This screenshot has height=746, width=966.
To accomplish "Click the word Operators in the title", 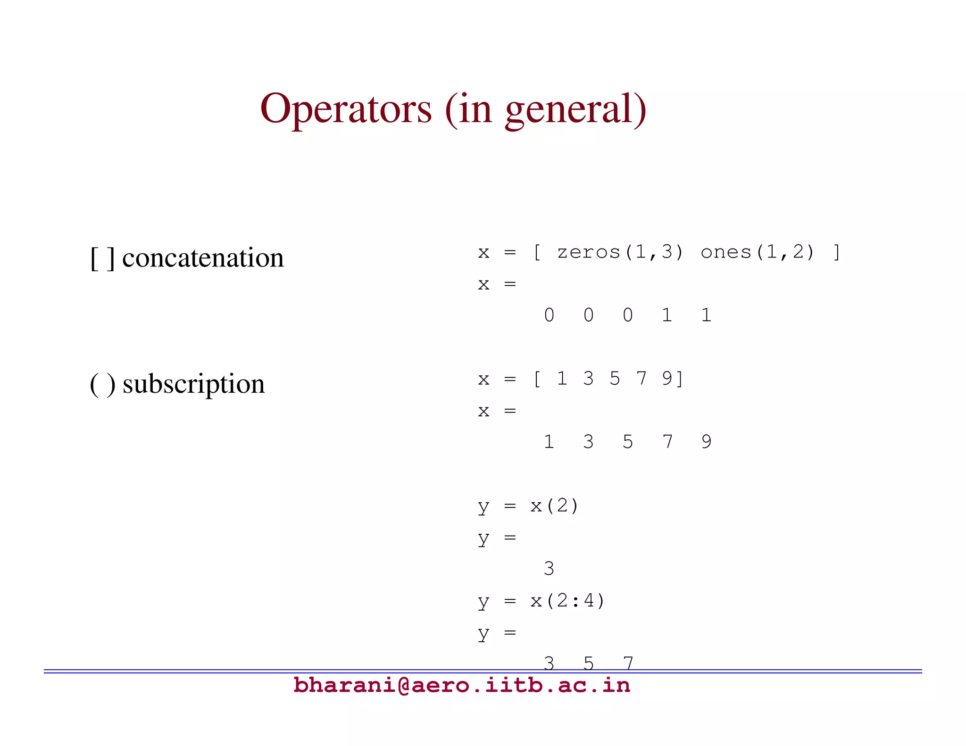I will pos(346,109).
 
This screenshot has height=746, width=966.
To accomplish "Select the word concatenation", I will pos(203,258).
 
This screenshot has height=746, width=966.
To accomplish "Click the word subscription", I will pos(193,384).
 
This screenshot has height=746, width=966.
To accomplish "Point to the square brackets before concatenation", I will pos(102,258).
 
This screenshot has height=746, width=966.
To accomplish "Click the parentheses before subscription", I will pos(102,384).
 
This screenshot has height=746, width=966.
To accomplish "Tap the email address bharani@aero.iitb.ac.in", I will pos(461,685).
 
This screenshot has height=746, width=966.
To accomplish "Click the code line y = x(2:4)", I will pos(541,601).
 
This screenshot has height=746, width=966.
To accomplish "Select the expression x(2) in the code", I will pos(554,506).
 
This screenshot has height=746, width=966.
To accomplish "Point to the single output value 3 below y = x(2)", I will pos(549,569).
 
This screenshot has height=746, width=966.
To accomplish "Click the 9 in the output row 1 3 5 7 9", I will pos(706,442).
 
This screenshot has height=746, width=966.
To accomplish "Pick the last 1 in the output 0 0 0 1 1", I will pos(706,315).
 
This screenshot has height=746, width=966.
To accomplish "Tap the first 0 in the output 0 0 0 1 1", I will pos(549,315).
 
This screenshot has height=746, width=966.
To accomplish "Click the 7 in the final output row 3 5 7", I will pos(628,663).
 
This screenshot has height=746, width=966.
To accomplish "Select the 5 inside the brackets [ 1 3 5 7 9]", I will pos(614,379).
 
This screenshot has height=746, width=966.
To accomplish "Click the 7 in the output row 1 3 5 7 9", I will pos(667,442).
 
